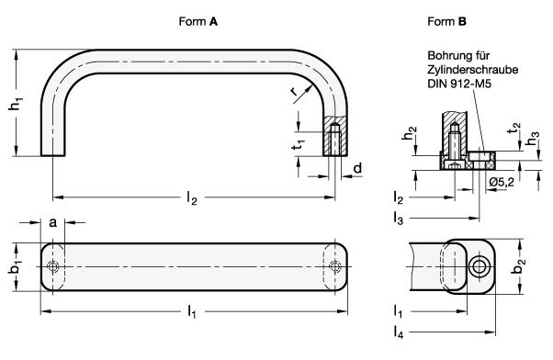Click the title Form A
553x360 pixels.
pos(197,22)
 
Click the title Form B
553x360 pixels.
pos(446,22)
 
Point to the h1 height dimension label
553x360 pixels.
pos(16,104)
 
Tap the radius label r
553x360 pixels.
pos(293,91)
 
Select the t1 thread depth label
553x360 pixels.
pos(299,144)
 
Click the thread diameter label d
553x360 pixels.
pos(357,168)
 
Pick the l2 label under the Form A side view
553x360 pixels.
pos(191,197)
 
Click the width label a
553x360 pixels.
pos(52,223)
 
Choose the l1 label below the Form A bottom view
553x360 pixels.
pos(191,312)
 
